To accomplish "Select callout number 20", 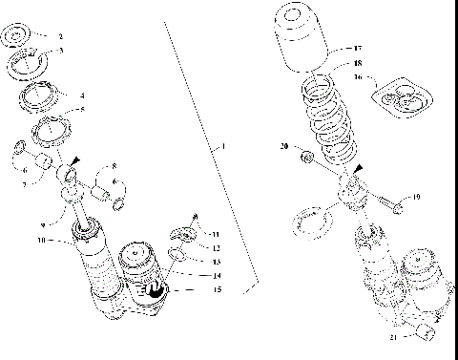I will [x=284, y=146].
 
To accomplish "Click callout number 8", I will [x=114, y=166].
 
